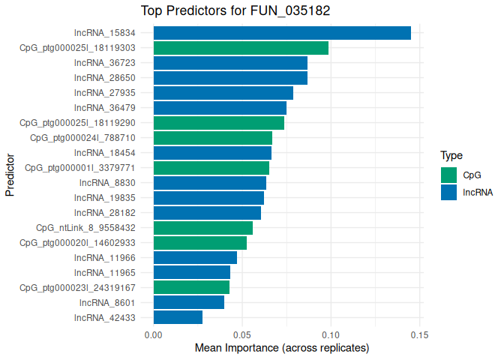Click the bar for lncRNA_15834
pyautogui.click(x=282, y=33)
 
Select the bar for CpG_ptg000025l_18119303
pyautogui.click(x=241, y=48)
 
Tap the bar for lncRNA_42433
pyautogui.click(x=178, y=317)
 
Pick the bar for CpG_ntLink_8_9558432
pyautogui.click(x=202, y=228)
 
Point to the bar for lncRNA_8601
pyautogui.click(x=188, y=302)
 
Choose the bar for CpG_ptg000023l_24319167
pyautogui.click(x=191, y=287)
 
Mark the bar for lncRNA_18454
pyautogui.click(x=212, y=153)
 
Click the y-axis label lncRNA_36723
pyautogui.click(x=105, y=63)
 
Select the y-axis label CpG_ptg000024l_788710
pyautogui.click(x=82, y=138)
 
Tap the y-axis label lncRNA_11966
pyautogui.click(x=105, y=258)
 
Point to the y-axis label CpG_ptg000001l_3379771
pyautogui.click(x=80, y=168)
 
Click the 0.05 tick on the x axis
pyautogui.click(x=242, y=334)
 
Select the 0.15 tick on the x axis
pyautogui.click(x=419, y=334)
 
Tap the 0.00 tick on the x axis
pyautogui.click(x=153, y=334)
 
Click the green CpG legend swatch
pyautogui.click(x=448, y=175)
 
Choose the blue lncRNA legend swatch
pyautogui.click(x=448, y=192)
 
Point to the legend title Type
pyautogui.click(x=451, y=156)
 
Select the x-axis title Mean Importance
pyautogui.click(x=282, y=349)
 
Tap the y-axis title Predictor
pyautogui.click(x=10, y=175)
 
